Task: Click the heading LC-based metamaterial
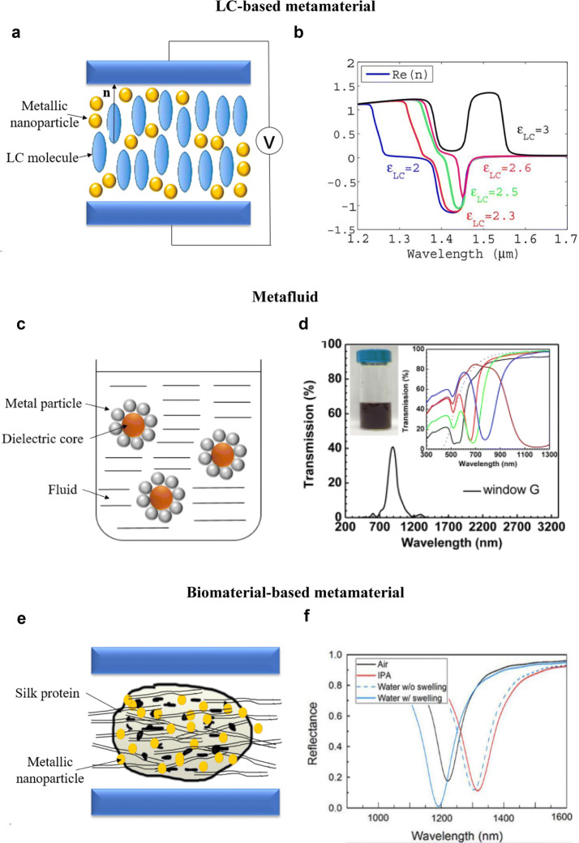289,8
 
